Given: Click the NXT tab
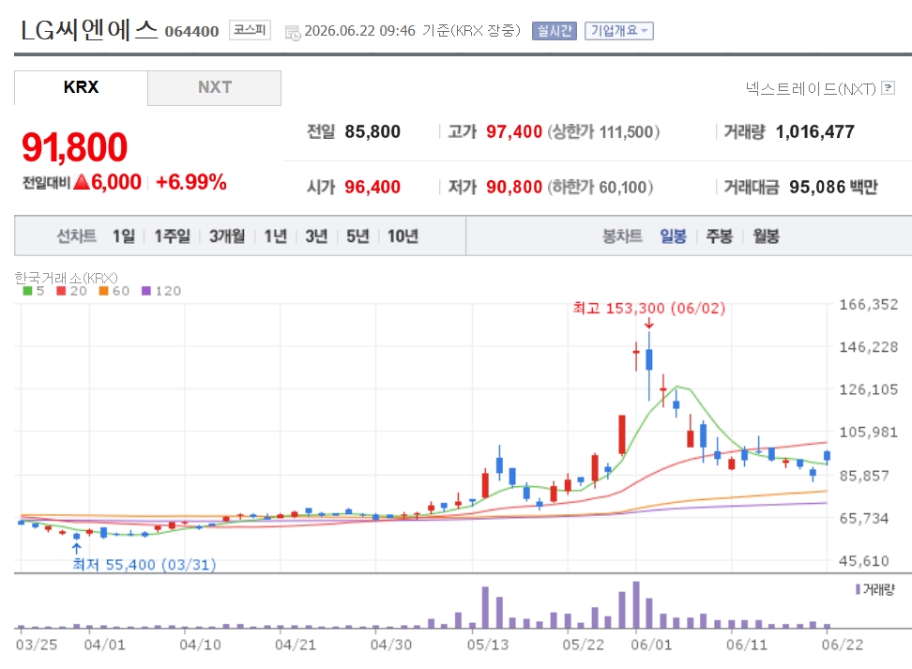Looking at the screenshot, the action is pos(215,88).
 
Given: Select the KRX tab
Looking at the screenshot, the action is pos(81,88).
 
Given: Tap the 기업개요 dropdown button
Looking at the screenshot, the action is pos(619,31).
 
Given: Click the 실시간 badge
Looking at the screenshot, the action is pos(554,31).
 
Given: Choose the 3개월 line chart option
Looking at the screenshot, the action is pos(227,236).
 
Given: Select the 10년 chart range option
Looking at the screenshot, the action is pos(403,236).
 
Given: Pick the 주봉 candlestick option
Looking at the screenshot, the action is pos(719,236).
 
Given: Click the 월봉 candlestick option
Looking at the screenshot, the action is pos(766,236).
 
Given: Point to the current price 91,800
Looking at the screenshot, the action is pos(74,146).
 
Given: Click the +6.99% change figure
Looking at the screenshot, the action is pos(190,182).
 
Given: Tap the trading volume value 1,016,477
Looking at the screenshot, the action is pos(814,132).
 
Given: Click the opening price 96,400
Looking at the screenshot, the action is pos(372,188).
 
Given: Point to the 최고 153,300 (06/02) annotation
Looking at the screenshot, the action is pos(649,309).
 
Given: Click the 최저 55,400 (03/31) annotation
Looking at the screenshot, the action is pos(144,564).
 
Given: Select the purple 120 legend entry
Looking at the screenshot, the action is pos(161,291).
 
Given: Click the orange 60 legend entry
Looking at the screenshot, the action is pos(114,291).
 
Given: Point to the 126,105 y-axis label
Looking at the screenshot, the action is pos(869,389).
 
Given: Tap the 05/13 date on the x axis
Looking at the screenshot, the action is pos(487,645).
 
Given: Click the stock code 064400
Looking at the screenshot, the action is pos(192,31).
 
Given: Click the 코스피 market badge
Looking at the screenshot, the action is pos(251,30).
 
